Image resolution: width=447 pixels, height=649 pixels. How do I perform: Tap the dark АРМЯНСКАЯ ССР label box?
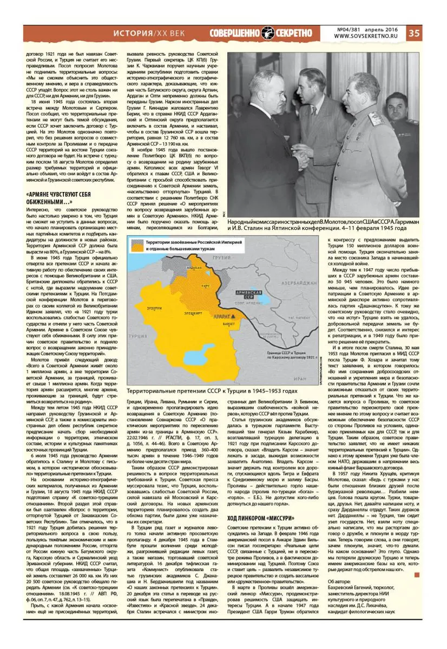coord(249,294)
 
